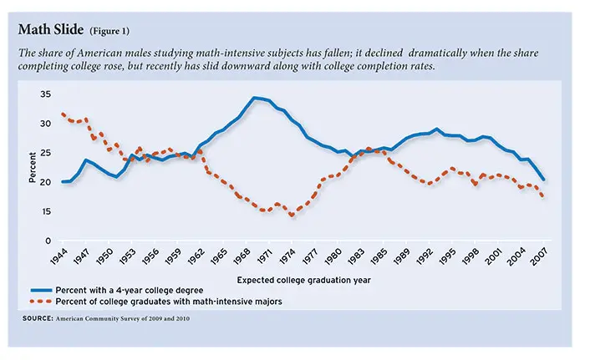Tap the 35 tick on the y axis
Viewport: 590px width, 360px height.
(45, 94)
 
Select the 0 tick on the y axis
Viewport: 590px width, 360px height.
(48, 241)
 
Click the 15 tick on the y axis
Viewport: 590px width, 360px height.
(45, 211)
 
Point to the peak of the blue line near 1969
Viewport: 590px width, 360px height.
(256, 98)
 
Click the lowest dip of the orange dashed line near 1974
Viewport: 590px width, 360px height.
(292, 216)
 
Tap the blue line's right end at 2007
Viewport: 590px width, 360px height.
(544, 180)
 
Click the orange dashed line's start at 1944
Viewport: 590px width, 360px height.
(64, 114)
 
